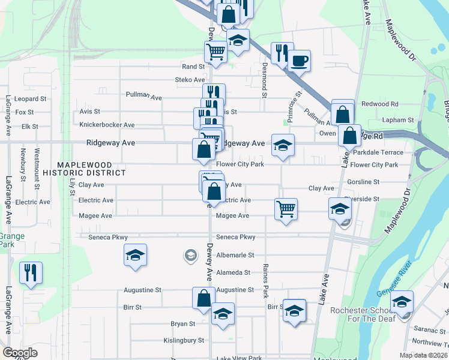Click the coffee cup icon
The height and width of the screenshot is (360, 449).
tap(299, 61)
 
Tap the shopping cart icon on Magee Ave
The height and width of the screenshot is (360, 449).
tap(286, 209)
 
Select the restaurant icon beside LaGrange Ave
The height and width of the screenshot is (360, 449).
tap(31, 272)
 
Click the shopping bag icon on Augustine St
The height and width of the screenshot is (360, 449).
tap(204, 298)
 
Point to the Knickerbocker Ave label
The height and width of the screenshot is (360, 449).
tap(107, 125)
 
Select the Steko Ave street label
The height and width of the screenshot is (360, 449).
tap(190, 80)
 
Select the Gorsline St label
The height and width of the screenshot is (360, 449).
tap(363, 182)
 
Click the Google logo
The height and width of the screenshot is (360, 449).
tap(20, 353)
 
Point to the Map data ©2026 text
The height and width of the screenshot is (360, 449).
tap(424, 355)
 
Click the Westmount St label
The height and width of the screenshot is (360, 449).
tap(37, 164)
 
